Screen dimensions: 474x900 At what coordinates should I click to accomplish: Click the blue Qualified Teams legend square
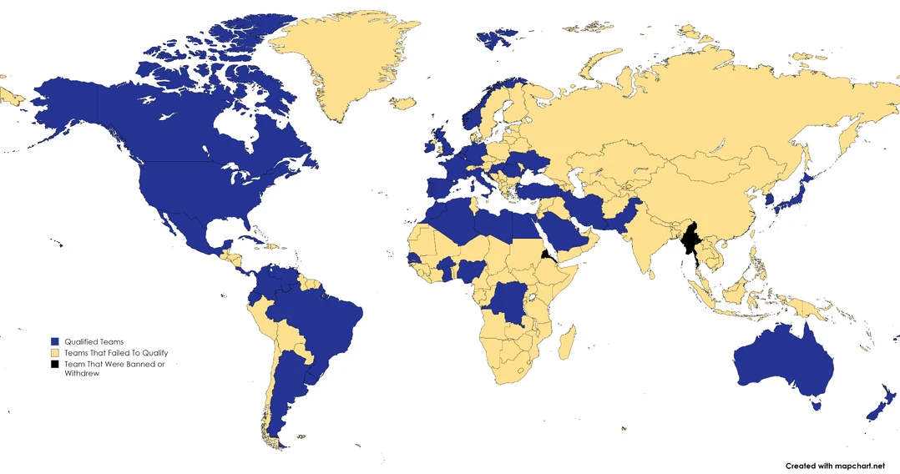54,342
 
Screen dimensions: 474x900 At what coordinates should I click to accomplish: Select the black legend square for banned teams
54,365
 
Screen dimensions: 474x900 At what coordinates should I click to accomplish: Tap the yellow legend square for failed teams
54,353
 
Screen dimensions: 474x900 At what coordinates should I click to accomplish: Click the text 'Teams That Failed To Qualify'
116,353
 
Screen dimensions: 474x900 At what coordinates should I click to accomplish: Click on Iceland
403,103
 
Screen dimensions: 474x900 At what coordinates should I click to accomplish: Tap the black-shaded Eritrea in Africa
546,255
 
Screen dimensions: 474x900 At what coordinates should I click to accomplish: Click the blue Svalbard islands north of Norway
498,38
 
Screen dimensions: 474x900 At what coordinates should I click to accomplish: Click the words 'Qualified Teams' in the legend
94,342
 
